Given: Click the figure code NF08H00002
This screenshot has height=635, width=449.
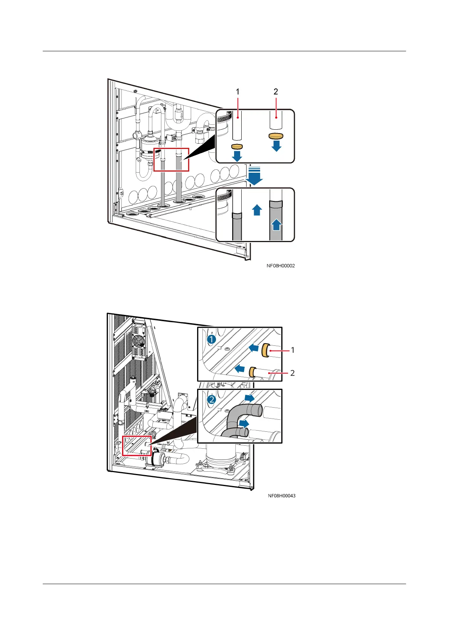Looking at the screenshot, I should coord(280,266).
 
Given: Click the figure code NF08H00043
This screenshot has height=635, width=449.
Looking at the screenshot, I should coord(282,496).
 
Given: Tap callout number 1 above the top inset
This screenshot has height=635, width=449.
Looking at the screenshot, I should coord(238,92).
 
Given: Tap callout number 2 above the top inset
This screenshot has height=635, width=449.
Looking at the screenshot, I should coord(276,92).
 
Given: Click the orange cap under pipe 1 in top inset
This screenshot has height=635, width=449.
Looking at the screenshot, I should coord(237,146).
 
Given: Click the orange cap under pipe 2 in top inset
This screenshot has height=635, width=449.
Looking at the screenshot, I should coord(276,136).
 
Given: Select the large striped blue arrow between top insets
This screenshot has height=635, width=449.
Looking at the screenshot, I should coord(255,176).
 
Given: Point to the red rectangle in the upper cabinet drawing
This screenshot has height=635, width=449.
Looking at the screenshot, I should coord(171,160).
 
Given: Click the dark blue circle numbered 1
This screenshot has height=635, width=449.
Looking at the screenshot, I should coord(211,339).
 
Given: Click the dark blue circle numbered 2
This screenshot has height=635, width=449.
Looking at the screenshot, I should coord(212,399).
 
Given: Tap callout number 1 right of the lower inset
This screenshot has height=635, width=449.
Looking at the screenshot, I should coord(293,350).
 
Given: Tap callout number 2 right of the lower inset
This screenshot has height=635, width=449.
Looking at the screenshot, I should coord(293,373).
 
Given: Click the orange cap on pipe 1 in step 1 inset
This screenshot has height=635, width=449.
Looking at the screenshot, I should coord(265,350).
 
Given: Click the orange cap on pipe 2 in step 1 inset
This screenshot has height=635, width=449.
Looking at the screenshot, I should coord(253,372).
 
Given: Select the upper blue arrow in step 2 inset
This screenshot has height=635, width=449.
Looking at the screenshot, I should coord(249,398).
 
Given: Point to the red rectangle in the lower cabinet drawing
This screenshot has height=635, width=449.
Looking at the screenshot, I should coord(137,446).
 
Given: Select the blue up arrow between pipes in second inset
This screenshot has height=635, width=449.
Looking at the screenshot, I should coord(257,210).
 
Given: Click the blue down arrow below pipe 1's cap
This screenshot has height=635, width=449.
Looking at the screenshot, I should coord(237,156).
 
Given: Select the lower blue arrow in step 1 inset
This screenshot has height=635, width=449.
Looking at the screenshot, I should coord(239,368).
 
